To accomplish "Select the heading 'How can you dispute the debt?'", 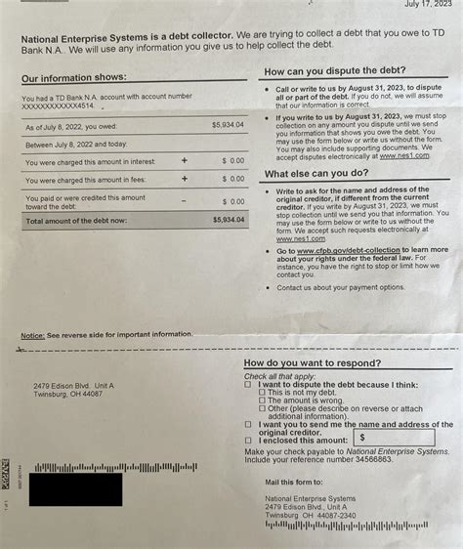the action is coord(328,72).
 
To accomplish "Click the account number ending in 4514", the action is coord(60,106).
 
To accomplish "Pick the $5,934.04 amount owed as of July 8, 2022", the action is coord(229,126).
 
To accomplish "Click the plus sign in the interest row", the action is coord(184,158).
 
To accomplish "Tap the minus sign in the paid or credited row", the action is coord(184,200).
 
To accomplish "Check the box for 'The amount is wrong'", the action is coord(262,400).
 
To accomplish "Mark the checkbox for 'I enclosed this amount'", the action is coord(249,441).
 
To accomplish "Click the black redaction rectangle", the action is coord(76,488).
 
